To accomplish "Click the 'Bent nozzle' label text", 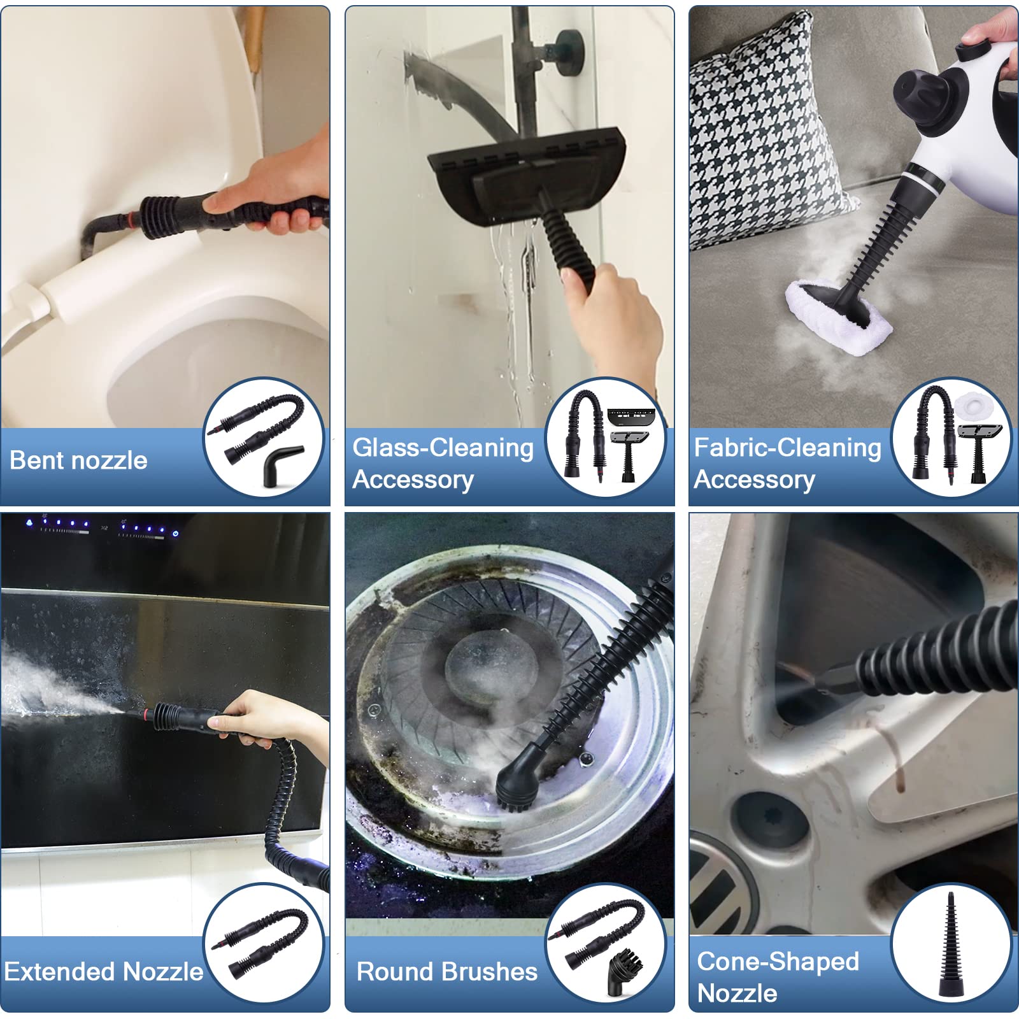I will pyautogui.click(x=78, y=460).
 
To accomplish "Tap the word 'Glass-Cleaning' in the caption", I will pyautogui.click(x=443, y=448).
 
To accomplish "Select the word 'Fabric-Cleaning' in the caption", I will pyautogui.click(x=787, y=448).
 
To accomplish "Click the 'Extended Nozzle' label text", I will pyautogui.click(x=104, y=972).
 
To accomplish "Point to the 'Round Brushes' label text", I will pyautogui.click(x=447, y=972).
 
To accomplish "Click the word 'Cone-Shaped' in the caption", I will pyautogui.click(x=778, y=962).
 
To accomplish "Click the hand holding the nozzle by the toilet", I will pyautogui.click(x=280, y=191).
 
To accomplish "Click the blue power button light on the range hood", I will pyautogui.click(x=175, y=533).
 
